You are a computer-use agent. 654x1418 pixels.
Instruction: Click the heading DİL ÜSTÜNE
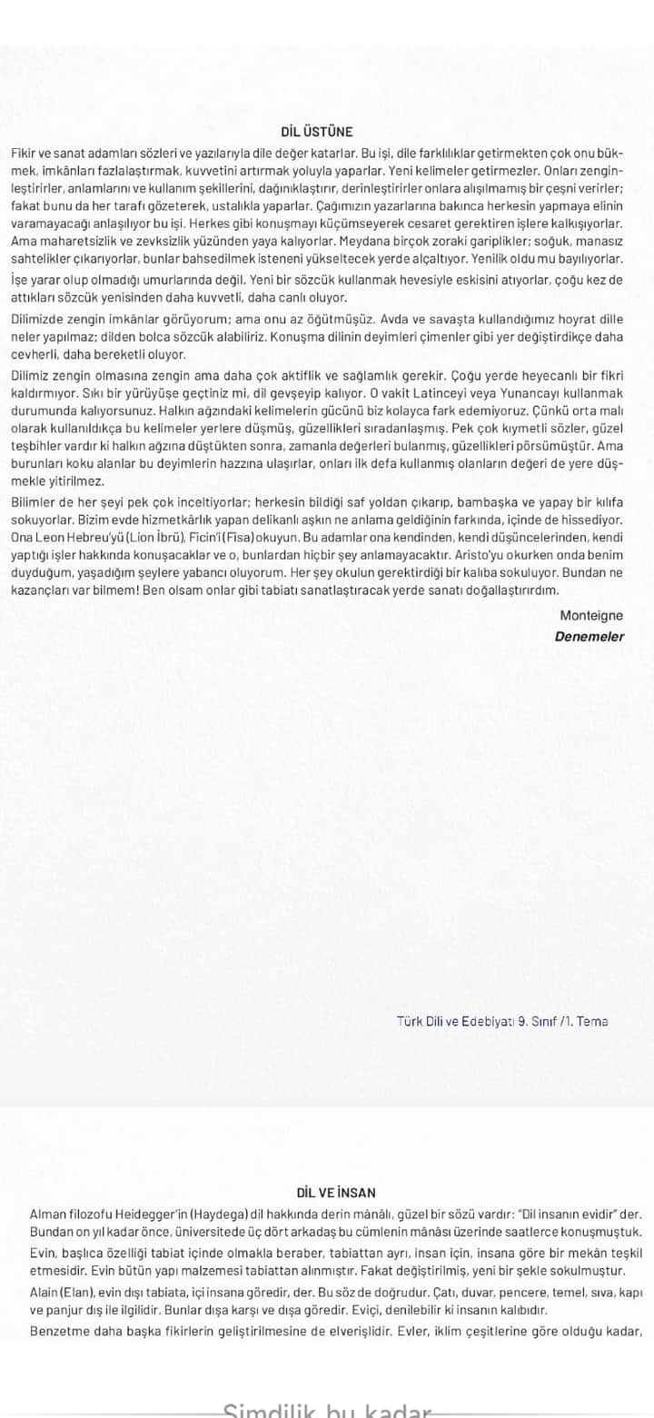pyautogui.click(x=317, y=132)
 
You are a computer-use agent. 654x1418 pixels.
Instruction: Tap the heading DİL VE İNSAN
pyautogui.click(x=336, y=1193)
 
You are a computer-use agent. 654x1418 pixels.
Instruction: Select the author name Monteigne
pyautogui.click(x=591, y=616)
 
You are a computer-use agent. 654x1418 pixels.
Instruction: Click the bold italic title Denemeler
pyautogui.click(x=590, y=637)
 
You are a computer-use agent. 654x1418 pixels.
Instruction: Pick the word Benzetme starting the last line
pyautogui.click(x=60, y=1332)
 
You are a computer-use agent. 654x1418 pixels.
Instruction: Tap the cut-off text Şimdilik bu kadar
pyautogui.click(x=327, y=1411)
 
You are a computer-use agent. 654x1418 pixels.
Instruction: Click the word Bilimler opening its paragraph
pyautogui.click(x=36, y=501)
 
